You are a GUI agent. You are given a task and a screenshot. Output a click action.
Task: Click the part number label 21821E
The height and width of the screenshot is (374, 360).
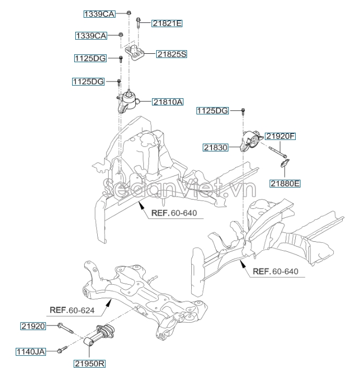pyautogui.click(x=167, y=23)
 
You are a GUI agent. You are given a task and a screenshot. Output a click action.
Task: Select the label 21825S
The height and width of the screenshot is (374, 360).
pyautogui.click(x=171, y=54)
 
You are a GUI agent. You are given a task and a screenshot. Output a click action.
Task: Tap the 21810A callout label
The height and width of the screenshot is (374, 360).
pyautogui.click(x=168, y=102)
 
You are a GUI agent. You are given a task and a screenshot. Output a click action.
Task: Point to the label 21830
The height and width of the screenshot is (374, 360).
pyautogui.click(x=216, y=148)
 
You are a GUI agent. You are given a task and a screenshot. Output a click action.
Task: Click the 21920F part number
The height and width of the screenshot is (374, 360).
pyautogui.click(x=280, y=136)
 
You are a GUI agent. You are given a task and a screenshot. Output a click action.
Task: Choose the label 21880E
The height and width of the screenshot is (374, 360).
pyautogui.click(x=285, y=183)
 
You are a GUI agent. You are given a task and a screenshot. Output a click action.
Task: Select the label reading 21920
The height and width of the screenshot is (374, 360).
pyautogui.click(x=34, y=326)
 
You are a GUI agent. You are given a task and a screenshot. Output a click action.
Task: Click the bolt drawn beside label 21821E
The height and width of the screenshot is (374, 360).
pyautogui.click(x=138, y=22)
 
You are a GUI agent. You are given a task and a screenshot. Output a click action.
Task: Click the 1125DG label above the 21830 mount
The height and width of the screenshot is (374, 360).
pyautogui.click(x=213, y=111)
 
